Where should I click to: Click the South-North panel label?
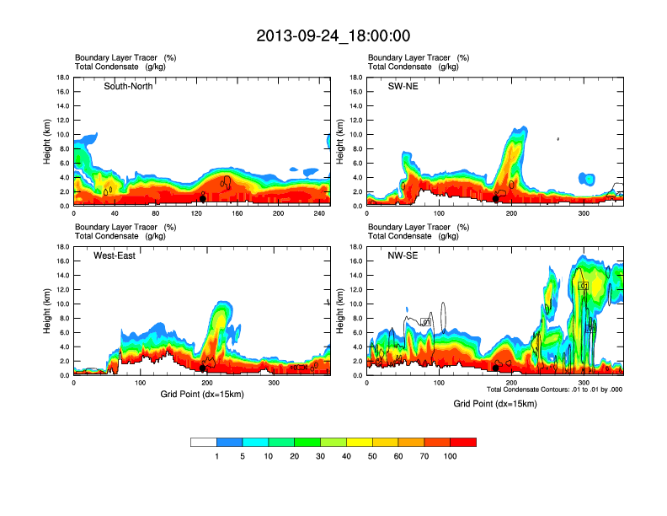click(128, 87)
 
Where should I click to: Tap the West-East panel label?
click(115, 255)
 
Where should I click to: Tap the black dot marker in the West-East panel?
click(203, 368)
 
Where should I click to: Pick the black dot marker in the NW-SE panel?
click(495, 368)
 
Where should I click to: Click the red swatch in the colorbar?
click(463, 442)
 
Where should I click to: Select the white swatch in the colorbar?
click(204, 442)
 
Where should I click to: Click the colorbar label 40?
click(347, 456)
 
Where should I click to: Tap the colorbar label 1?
click(217, 456)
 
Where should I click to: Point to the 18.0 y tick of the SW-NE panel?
click(355, 78)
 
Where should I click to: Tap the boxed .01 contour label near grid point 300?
click(584, 287)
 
